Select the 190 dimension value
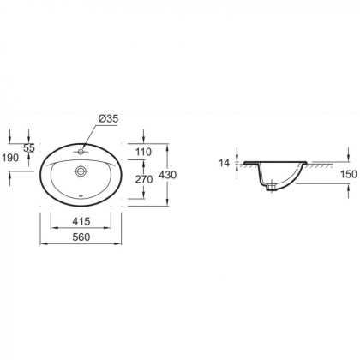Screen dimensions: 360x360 click(x=11, y=159)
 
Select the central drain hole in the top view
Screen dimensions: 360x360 click(x=80, y=171)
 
